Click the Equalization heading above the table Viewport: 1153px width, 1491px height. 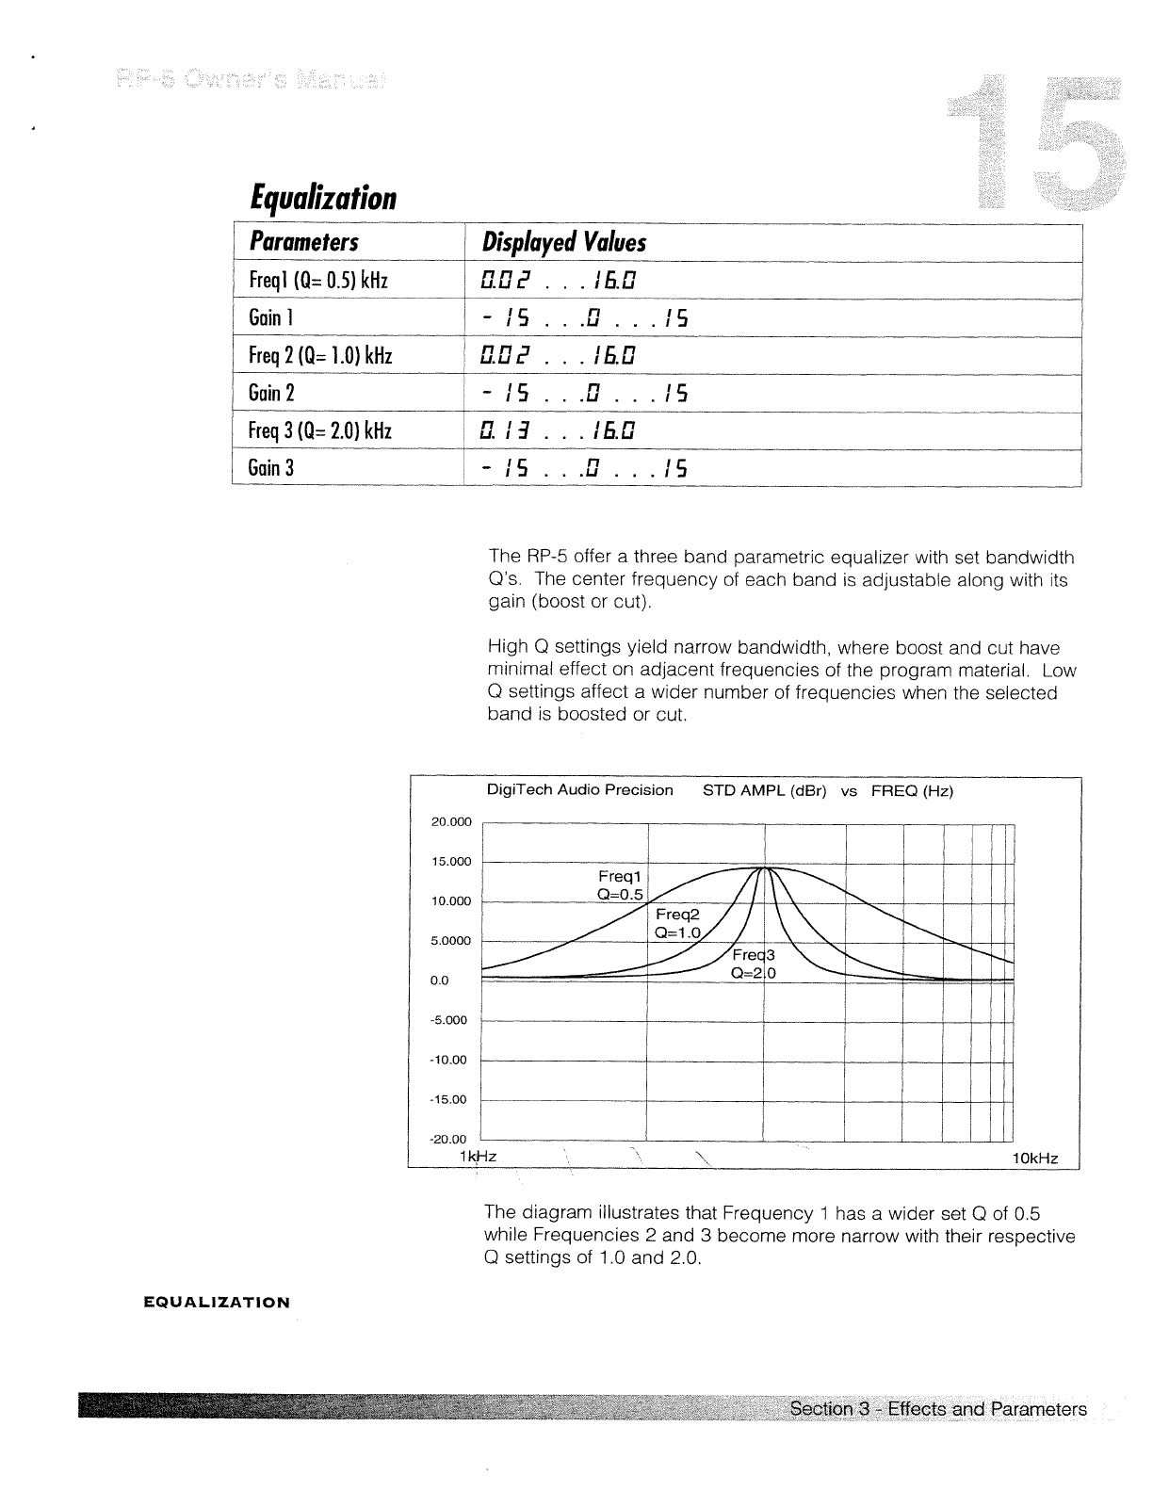[x=323, y=198]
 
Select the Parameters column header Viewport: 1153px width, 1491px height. [x=303, y=243]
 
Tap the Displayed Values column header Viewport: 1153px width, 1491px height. [x=563, y=243]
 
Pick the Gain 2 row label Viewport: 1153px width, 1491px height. [x=272, y=393]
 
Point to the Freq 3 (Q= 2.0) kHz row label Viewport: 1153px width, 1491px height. [x=320, y=430]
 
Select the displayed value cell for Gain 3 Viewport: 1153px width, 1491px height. [x=584, y=468]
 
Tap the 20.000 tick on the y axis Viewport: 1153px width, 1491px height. [x=450, y=822]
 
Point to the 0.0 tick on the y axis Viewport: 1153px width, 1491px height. [x=440, y=980]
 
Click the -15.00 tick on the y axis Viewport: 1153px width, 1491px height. [x=448, y=1099]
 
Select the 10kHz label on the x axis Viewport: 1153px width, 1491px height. [x=1034, y=1159]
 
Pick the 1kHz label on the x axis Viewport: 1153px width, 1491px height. [x=479, y=1156]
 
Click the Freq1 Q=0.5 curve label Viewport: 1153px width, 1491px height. [x=620, y=885]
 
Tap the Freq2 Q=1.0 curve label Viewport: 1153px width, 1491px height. [x=678, y=924]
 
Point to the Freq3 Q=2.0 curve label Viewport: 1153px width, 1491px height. [x=753, y=964]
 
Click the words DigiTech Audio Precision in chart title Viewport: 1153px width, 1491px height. [x=579, y=790]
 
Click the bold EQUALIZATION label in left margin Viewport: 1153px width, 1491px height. [x=217, y=1303]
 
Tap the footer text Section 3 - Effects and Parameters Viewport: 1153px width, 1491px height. [x=937, y=1409]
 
